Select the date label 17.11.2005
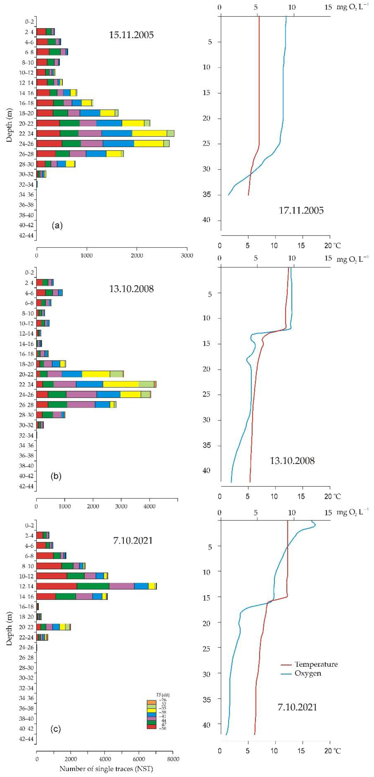(x=301, y=210)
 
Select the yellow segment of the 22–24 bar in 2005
(x=149, y=133)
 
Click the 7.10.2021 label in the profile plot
(x=297, y=707)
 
